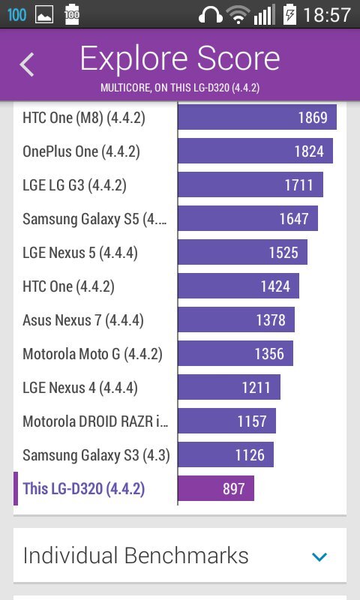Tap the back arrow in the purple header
(27, 64)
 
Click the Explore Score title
(180, 58)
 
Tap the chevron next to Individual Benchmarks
(319, 556)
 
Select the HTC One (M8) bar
(256, 117)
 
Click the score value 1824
(309, 151)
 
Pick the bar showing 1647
(247, 218)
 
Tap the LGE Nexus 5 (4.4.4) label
(80, 253)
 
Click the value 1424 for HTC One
(274, 286)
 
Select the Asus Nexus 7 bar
(235, 320)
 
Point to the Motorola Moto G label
(92, 354)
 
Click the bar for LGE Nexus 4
(229, 388)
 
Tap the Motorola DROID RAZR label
(95, 421)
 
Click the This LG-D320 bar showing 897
(216, 489)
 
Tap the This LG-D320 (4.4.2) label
(83, 489)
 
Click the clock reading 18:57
(327, 14)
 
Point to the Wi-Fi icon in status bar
(238, 14)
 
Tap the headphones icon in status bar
(211, 14)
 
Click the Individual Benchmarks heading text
(136, 556)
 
